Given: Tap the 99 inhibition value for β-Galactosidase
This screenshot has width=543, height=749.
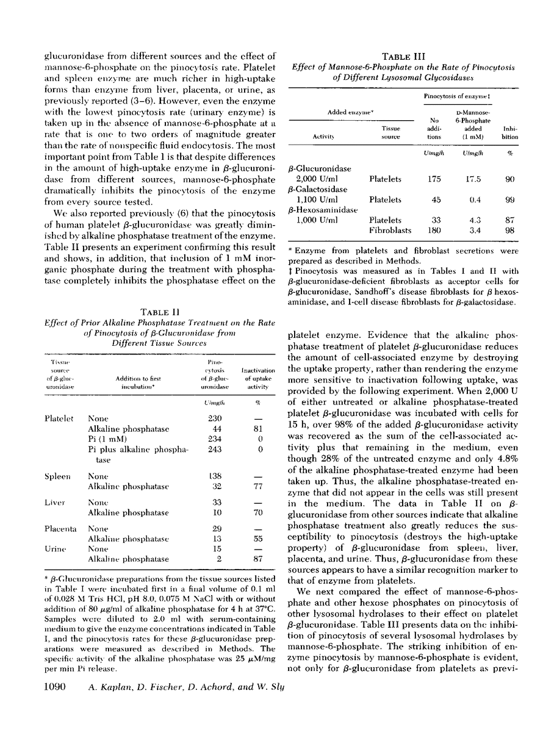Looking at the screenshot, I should click(509, 199).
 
